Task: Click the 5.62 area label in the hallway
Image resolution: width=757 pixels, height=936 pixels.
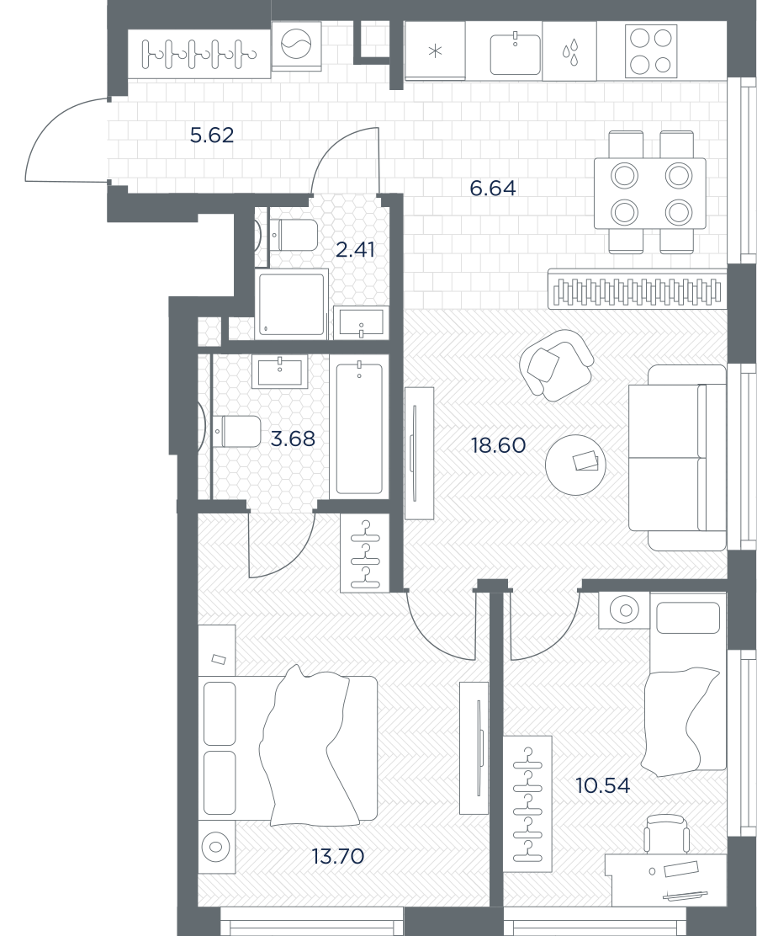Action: pos(212,136)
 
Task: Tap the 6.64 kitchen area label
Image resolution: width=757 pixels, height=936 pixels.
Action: pos(493,189)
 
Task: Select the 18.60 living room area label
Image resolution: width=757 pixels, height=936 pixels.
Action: pos(499,444)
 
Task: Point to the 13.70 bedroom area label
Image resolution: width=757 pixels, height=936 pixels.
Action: pos(337,857)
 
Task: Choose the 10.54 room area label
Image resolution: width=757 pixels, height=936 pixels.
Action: pos(603,785)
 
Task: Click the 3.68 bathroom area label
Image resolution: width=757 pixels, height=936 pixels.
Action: pos(293,439)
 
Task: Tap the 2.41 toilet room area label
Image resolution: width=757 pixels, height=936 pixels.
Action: pos(356,249)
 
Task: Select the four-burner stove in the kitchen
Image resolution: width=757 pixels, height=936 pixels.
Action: pos(651,51)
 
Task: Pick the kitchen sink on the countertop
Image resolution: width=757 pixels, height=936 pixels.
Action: pos(516,55)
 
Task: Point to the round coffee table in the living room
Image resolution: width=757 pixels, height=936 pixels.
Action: pos(575,465)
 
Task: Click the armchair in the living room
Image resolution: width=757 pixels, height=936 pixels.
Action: pos(556,364)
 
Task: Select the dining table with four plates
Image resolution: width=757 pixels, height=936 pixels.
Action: pos(650,193)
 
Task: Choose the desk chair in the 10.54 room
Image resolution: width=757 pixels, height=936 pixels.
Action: pos(666,836)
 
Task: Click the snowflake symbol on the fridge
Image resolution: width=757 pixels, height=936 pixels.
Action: pos(436,51)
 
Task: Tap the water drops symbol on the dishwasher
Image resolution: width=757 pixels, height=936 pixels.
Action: pos(569,52)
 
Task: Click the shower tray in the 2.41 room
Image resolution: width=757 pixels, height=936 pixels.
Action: pos(293,302)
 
